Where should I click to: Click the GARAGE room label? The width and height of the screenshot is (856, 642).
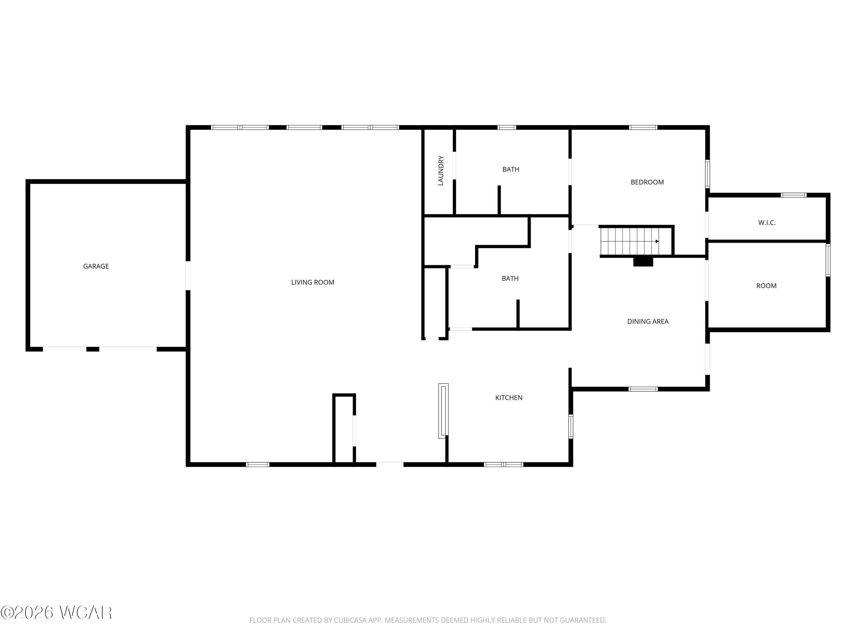96,266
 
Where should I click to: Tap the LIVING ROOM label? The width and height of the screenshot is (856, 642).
313,282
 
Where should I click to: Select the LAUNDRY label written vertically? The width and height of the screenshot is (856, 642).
440,171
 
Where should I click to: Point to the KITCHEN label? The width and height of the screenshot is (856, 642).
509,398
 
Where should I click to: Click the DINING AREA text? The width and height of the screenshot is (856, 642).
648,322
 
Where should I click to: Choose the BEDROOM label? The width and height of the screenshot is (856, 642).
647,182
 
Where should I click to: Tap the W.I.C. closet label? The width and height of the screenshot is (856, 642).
767,223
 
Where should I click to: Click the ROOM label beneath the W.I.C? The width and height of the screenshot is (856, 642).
766,286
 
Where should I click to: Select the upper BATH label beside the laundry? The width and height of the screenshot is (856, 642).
511,169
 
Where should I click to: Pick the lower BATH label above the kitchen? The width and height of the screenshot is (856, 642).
510,278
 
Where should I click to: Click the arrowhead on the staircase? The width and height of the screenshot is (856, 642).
657,241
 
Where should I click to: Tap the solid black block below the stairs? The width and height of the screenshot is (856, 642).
643,262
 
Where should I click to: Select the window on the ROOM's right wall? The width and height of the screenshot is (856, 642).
828,260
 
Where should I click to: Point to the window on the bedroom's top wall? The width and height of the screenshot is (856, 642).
643,127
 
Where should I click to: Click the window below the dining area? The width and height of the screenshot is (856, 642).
643,389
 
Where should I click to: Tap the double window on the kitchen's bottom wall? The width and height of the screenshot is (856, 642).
504,464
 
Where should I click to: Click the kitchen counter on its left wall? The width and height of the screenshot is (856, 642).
443,411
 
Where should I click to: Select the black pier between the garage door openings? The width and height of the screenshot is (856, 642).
93,349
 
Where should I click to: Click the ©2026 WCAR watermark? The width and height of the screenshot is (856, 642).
56,613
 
